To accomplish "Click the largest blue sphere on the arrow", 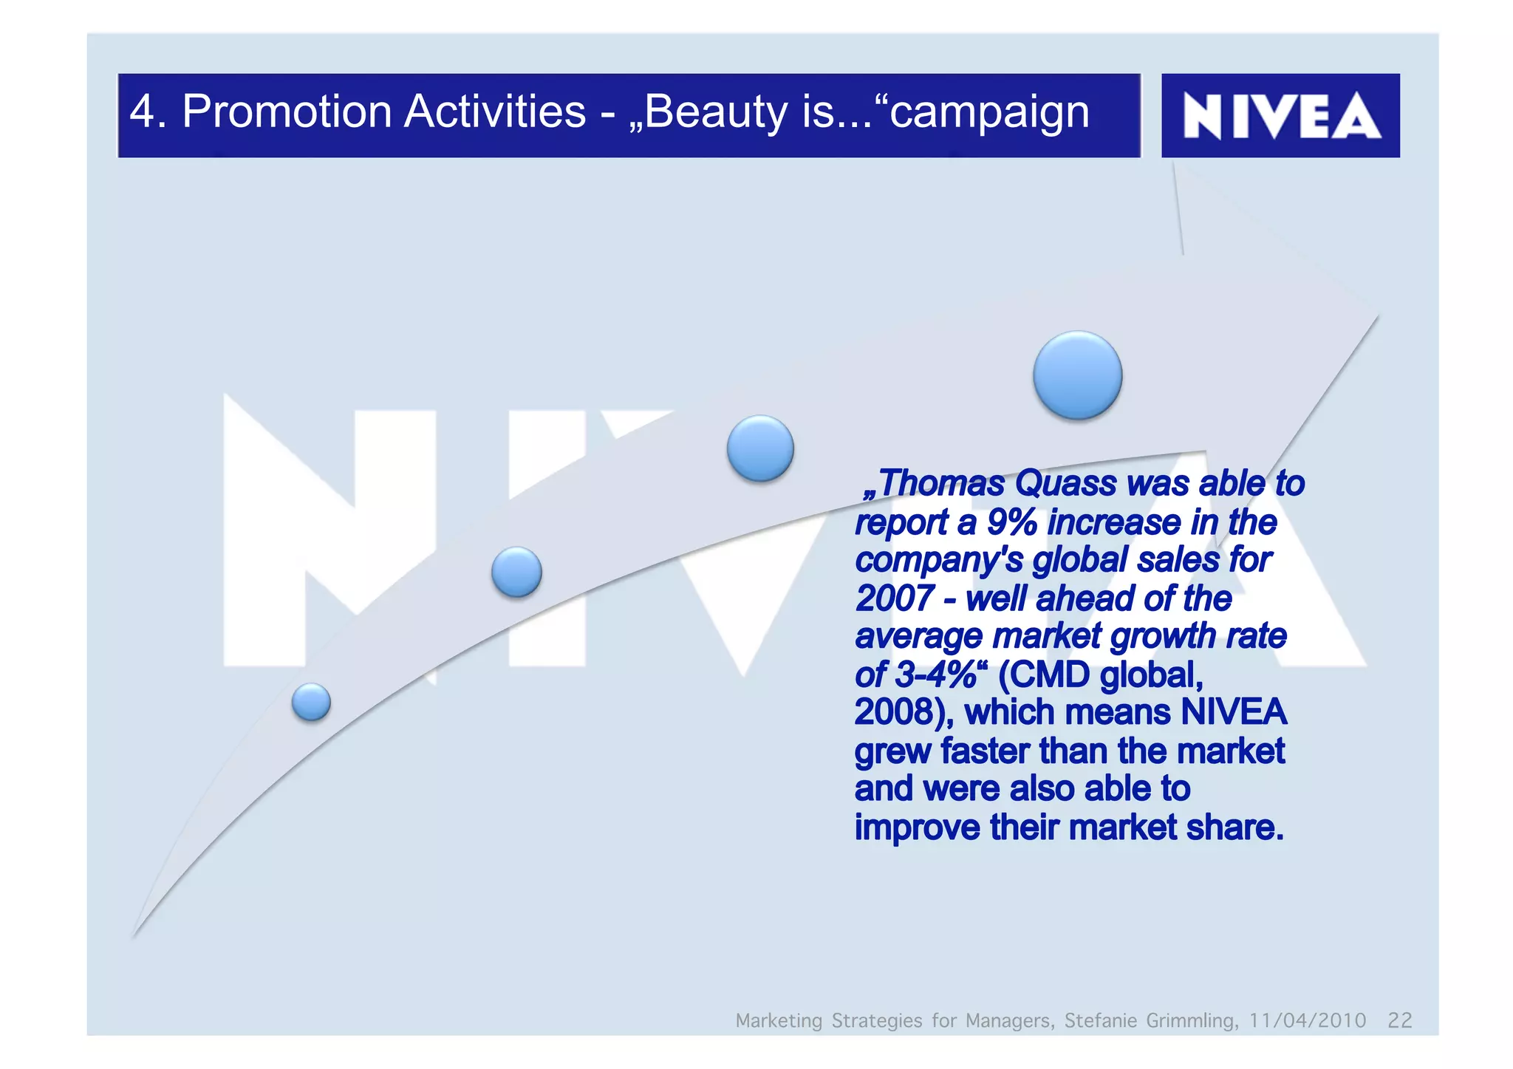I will pos(1077,375).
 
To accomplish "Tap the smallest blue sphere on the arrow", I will pos(311,701).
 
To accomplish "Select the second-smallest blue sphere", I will pos(516,572).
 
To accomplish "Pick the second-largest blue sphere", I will pos(760,448).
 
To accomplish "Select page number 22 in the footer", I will pos(1399,1020).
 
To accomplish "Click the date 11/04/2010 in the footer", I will pos(1307,1020).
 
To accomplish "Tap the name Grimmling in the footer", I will pos(1191,1020).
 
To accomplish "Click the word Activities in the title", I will pos(494,112).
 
